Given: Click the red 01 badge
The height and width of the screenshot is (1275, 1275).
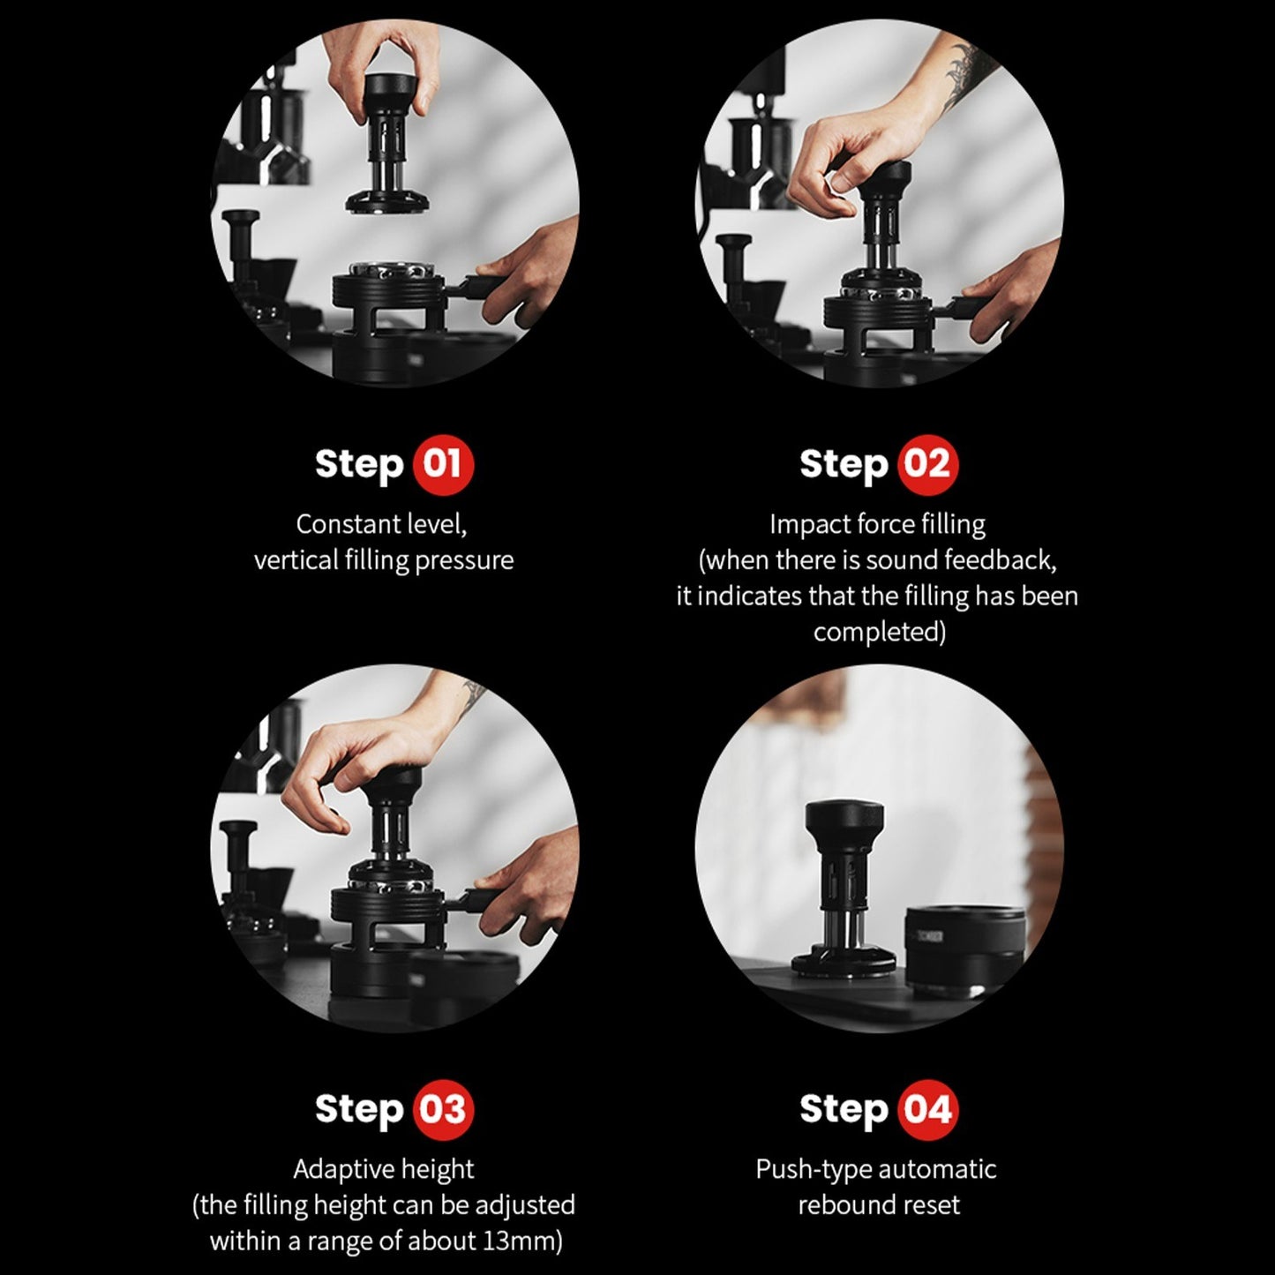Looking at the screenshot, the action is pyautogui.click(x=443, y=464).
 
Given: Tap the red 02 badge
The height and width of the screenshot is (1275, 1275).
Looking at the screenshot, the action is pyautogui.click(x=927, y=464).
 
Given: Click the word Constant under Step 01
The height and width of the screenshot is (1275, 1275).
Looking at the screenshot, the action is pyautogui.click(x=348, y=524).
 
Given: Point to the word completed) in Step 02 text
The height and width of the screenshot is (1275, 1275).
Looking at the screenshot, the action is pyautogui.click(x=880, y=632).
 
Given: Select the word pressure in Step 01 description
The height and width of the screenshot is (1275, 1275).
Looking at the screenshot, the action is pyautogui.click(x=464, y=561).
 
